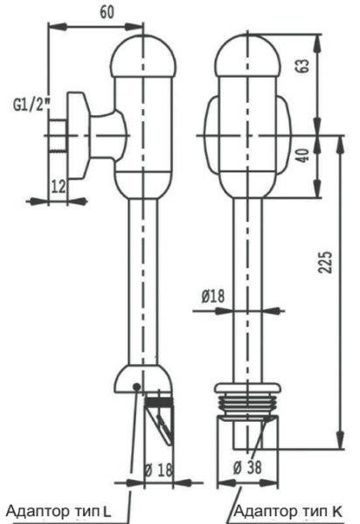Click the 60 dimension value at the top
pyautogui.click(x=107, y=12)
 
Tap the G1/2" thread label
pyautogui.click(x=31, y=105)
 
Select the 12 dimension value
pyautogui.click(x=59, y=187)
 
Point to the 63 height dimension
pyautogui.click(x=303, y=65)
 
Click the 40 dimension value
pyautogui.click(x=303, y=155)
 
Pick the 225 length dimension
pyautogui.click(x=325, y=262)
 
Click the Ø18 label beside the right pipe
pyautogui.click(x=213, y=296)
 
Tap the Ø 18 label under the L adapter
pyautogui.click(x=158, y=471)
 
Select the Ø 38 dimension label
pyautogui.click(x=247, y=467)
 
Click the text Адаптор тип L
pyautogui.click(x=59, y=511)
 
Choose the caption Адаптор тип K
pyautogui.click(x=287, y=511)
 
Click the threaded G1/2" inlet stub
pyautogui.click(x=59, y=135)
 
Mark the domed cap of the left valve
pyautogui.click(x=143, y=56)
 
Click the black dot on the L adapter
pyautogui.click(x=136, y=387)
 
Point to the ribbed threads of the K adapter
pyautogui.click(x=247, y=404)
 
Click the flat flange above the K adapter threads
pyautogui.click(x=247, y=388)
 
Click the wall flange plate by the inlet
pyautogui.click(x=79, y=135)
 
